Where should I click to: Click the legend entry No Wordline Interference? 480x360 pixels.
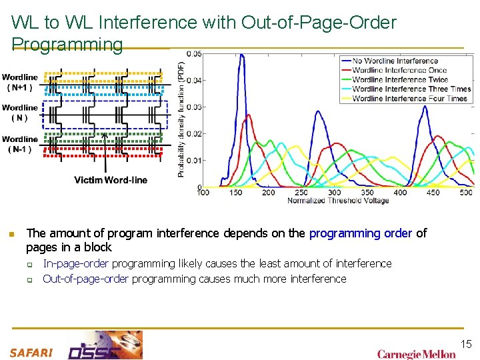coord(395,61)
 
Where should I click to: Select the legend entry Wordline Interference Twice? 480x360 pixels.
coord(400,79)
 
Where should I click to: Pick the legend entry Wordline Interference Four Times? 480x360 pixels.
coord(409,98)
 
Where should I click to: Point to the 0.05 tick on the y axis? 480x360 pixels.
coord(194,54)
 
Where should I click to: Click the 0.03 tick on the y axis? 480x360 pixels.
coord(194,107)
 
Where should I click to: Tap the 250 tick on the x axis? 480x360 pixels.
coord(301,193)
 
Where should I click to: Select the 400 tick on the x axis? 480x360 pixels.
coord(400,193)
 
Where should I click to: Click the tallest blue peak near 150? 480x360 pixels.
coord(241,55)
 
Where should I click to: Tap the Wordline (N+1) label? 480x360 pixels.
coord(20,82)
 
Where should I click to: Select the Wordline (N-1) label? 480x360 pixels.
coord(20,145)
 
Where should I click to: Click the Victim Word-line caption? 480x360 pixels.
coord(111,180)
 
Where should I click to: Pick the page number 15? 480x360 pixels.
coord(466,344)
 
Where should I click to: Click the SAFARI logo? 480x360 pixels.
coord(31,353)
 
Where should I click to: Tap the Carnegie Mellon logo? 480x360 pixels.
coord(416,354)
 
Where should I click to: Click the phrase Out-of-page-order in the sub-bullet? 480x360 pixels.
coord(86,279)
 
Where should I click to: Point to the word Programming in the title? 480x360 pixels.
coord(67,45)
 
